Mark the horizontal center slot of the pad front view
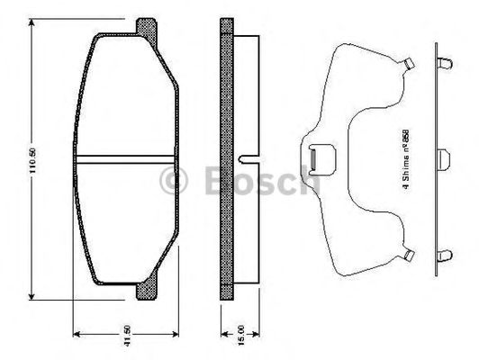tap(127, 160)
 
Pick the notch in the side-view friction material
tap(241, 160)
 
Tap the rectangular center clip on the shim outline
tap(315, 159)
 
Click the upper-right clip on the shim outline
tap(408, 65)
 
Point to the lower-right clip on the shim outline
tap(408, 256)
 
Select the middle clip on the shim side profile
tap(445, 158)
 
